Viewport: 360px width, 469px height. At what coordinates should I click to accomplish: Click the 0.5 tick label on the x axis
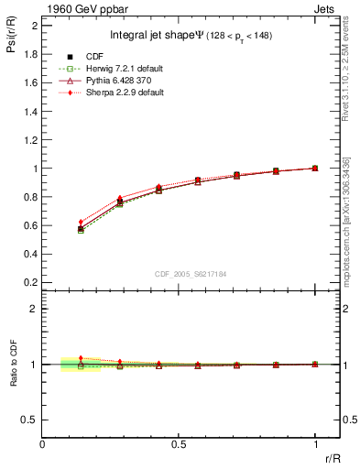(179, 444)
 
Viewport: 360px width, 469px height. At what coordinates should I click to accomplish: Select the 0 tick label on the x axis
(43, 444)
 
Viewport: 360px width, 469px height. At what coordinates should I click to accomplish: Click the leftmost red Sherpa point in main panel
(81, 222)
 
